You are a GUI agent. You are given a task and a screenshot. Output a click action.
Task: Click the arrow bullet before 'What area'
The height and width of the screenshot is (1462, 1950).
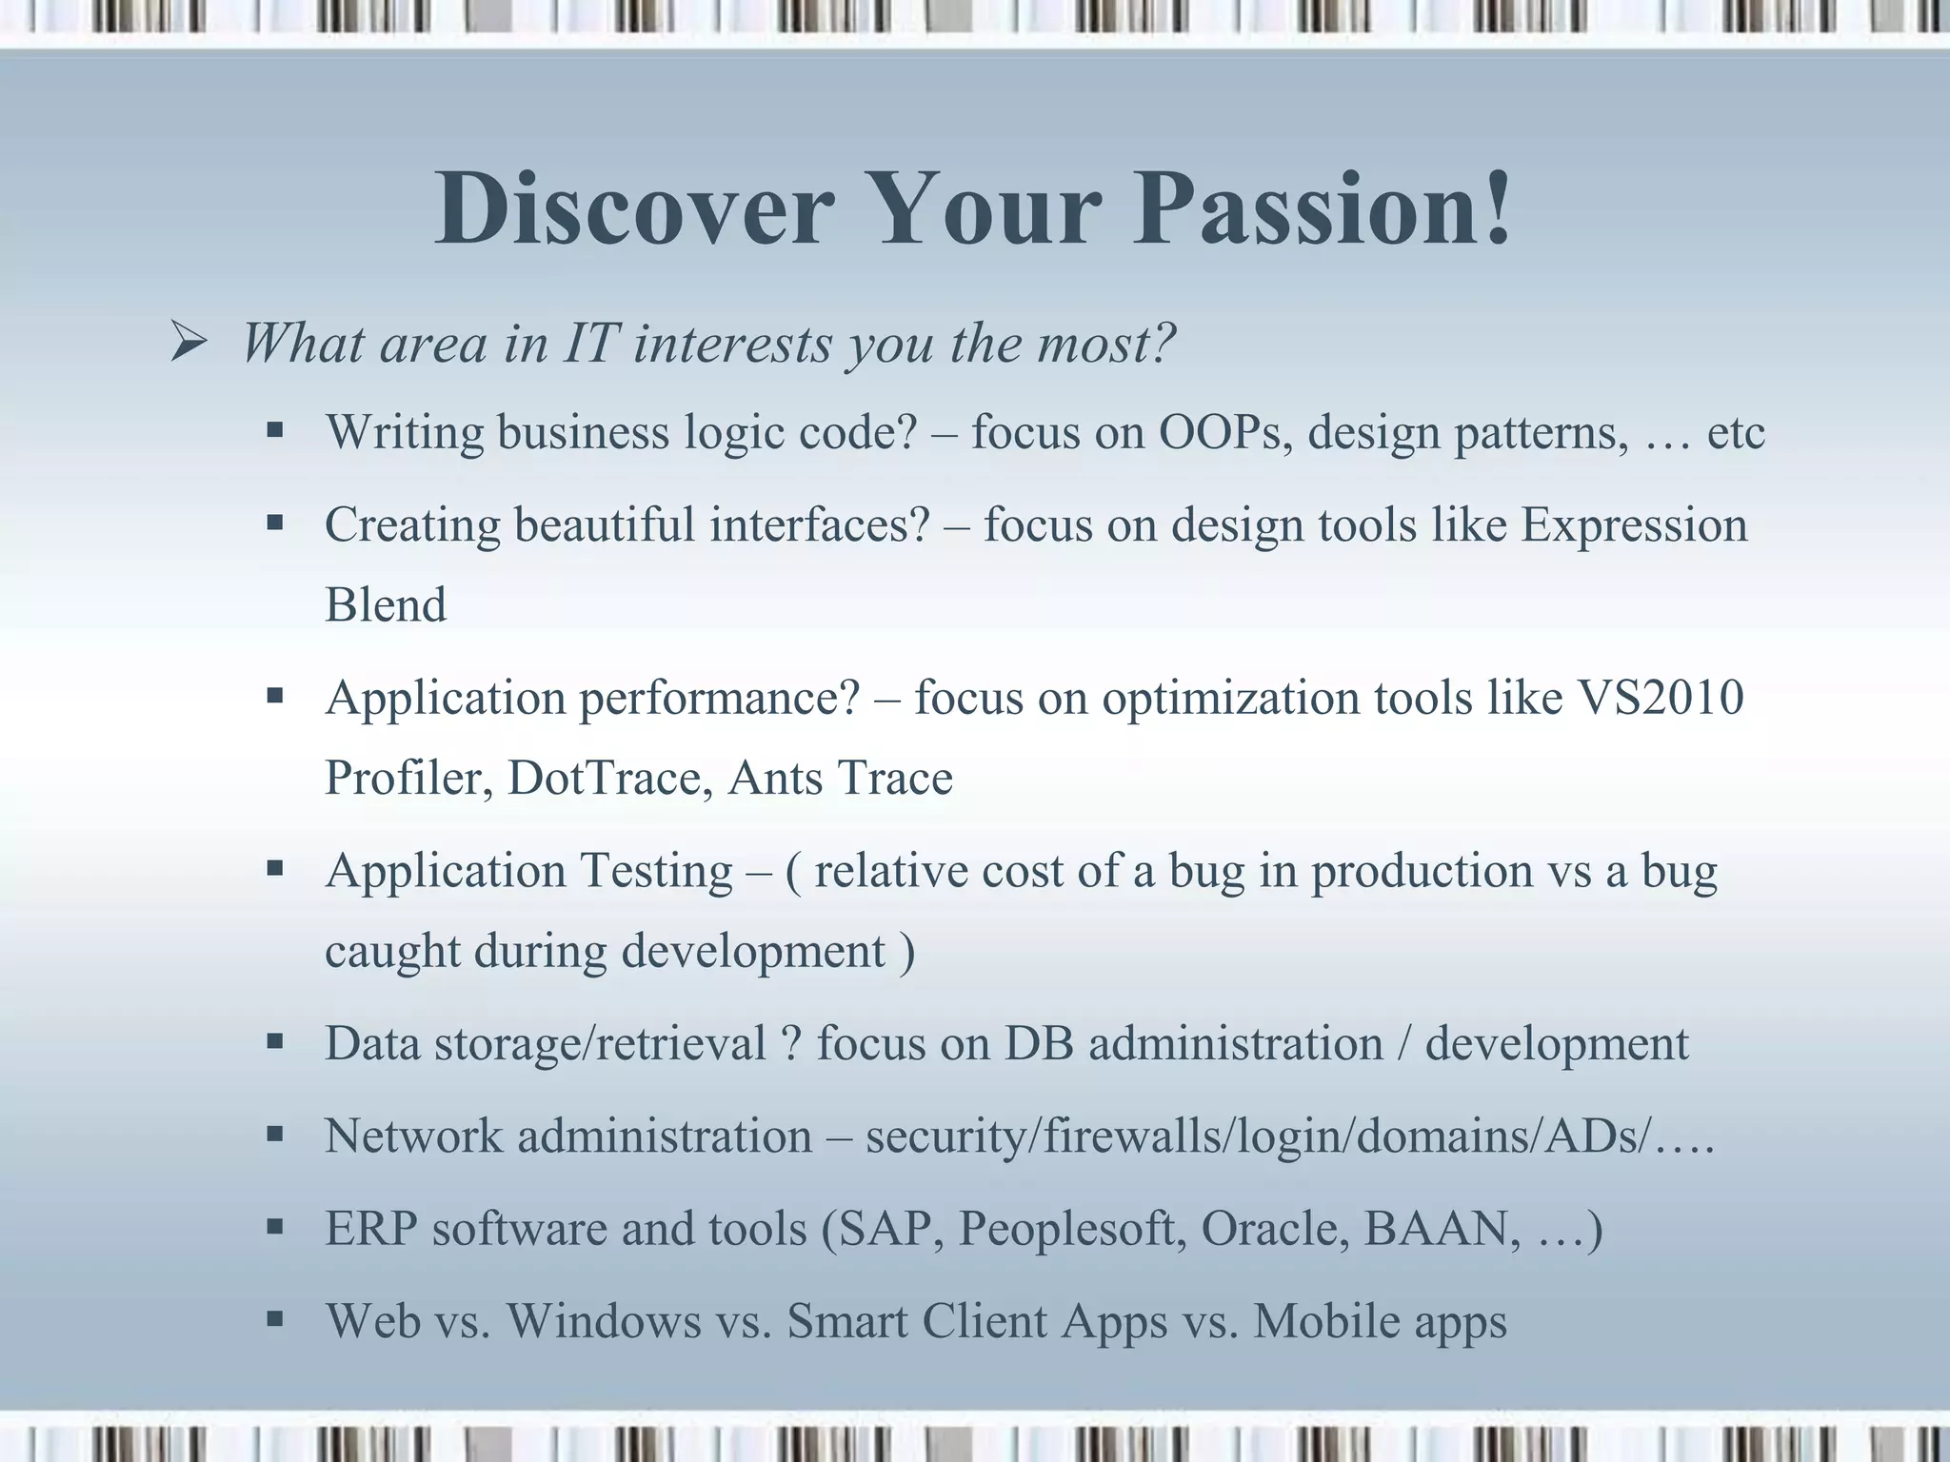tap(187, 344)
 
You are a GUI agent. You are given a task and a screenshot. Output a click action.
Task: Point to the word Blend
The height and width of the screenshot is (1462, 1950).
tap(386, 605)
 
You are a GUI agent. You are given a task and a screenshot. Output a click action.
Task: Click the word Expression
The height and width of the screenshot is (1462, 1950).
tap(1634, 525)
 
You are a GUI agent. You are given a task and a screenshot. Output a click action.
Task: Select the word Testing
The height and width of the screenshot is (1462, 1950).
tap(656, 871)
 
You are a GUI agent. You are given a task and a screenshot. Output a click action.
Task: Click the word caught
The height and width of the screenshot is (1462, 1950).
tap(392, 952)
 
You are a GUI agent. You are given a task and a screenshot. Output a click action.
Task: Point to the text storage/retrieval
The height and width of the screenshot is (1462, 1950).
tap(600, 1044)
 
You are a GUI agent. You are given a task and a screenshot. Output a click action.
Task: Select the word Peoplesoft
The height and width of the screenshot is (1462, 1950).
tap(1072, 1229)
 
